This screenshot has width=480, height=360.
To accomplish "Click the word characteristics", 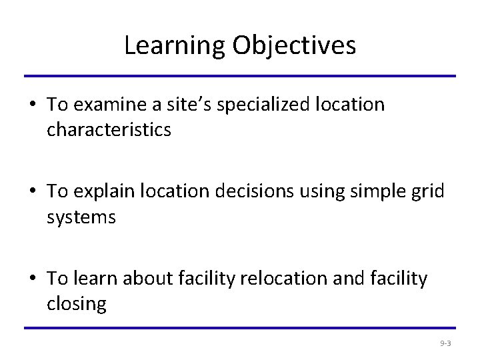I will pos(109,129).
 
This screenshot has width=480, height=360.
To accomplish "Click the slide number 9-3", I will pos(445,343).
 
